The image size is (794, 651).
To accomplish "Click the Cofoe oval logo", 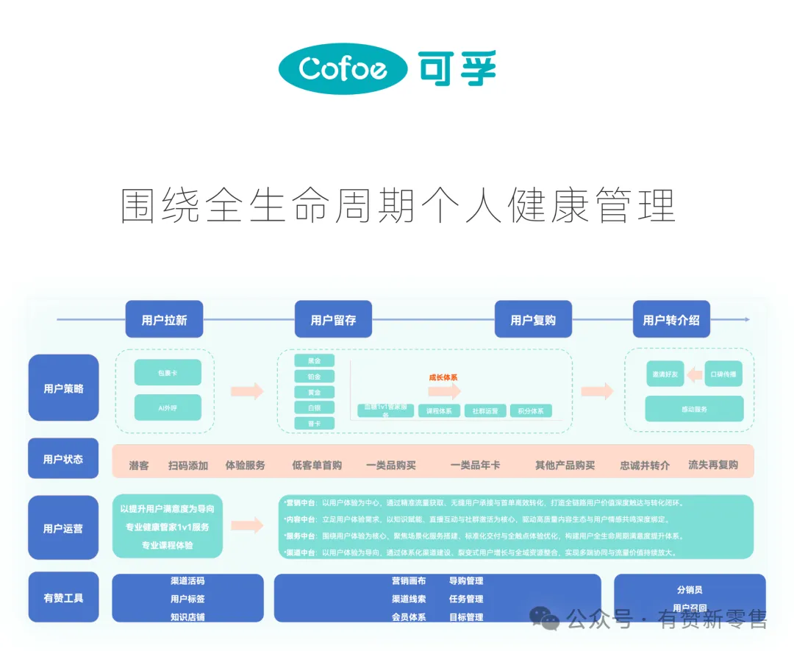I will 343,68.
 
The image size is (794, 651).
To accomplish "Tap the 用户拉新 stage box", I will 164,320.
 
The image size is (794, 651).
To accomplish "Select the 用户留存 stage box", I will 333,320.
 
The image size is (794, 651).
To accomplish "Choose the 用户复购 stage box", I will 533,320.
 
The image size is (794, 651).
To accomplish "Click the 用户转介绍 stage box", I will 671,320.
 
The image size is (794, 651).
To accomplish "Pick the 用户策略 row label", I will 63,388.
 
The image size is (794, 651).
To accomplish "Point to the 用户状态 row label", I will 63,459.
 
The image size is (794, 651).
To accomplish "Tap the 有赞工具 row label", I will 63,597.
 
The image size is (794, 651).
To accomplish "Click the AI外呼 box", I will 168,408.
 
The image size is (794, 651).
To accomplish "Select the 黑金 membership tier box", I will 314,360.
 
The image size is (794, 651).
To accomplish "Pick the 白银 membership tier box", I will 314,408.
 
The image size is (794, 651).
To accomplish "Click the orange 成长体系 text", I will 443,377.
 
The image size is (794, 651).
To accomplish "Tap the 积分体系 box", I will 531,411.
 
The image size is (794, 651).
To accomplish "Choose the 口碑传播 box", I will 723,374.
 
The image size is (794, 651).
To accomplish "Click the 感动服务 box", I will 694,409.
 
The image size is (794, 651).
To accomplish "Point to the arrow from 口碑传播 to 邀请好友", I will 693,374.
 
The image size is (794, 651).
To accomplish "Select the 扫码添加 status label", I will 187,465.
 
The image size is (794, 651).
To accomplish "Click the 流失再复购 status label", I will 712,465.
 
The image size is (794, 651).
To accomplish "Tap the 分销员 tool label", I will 690,589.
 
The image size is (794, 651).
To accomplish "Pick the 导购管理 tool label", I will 466,581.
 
